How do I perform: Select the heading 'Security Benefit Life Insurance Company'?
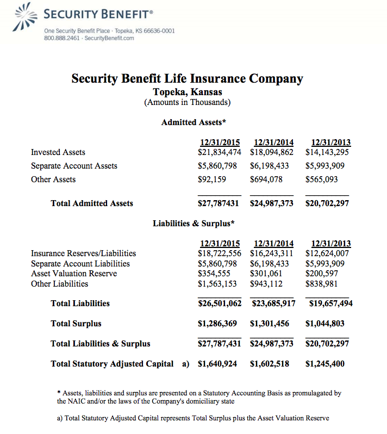(187, 78)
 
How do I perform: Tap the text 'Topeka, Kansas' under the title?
(187, 92)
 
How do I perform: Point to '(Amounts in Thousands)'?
(187, 102)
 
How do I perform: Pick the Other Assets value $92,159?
(212, 179)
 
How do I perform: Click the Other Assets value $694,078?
(266, 179)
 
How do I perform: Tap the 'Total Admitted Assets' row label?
(92, 203)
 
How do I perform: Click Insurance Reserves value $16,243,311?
(272, 253)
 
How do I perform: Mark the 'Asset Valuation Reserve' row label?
(74, 274)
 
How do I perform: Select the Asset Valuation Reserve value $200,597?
(322, 274)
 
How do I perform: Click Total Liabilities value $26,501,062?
(220, 303)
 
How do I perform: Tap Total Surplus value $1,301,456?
(270, 324)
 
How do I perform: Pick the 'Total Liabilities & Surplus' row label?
(101, 344)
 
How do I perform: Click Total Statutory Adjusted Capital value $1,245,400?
(325, 364)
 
